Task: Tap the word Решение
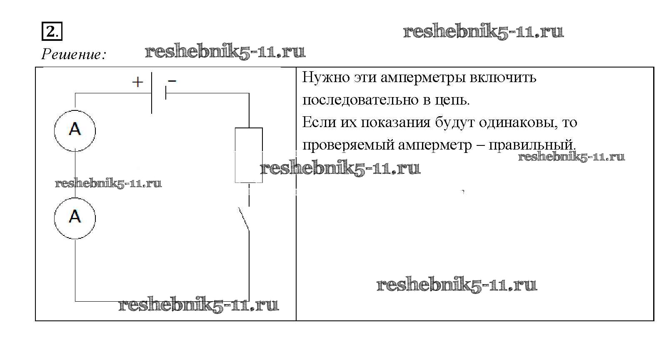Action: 73,54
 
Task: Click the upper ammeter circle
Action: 75,130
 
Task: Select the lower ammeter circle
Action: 75,218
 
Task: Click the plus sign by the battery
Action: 137,82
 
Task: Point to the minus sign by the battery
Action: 172,80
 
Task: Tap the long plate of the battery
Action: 152,92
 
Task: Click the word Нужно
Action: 325,77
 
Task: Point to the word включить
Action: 503,77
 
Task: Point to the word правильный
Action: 532,145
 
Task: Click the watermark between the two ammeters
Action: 108,183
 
